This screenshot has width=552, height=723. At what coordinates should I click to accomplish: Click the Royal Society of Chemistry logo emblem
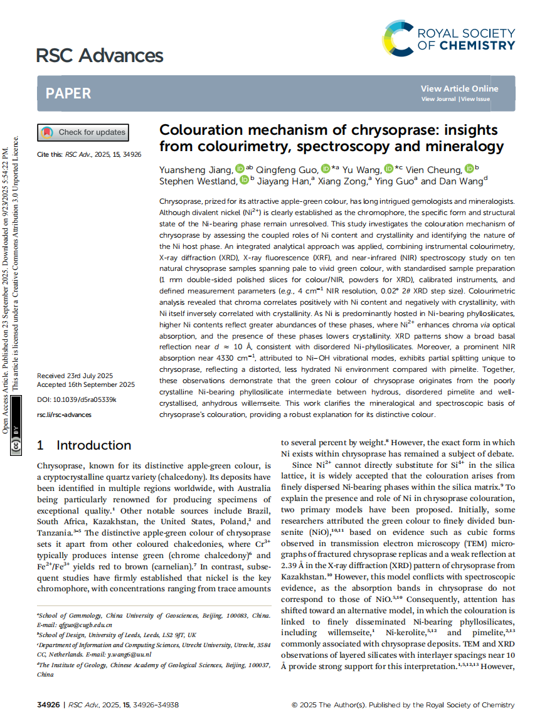[398, 37]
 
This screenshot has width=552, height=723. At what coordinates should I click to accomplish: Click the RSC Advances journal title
[99, 56]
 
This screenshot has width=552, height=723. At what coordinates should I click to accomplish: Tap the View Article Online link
[459, 88]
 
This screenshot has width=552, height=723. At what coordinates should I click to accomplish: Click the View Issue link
[475, 99]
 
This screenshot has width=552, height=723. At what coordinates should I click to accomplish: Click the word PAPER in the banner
[68, 93]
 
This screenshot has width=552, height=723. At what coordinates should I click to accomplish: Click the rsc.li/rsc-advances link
[64, 414]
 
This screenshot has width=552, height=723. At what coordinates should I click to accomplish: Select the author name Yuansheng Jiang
[196, 169]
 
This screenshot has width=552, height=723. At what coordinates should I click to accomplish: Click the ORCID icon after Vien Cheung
[470, 169]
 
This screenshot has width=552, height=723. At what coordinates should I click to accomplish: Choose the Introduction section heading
[93, 445]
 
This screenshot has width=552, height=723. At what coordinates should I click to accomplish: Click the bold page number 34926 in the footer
[49, 705]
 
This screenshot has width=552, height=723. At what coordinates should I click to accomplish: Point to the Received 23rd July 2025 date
[75, 375]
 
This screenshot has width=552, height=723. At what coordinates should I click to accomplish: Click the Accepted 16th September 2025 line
[86, 384]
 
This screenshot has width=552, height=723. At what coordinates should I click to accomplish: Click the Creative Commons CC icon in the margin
[16, 446]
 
